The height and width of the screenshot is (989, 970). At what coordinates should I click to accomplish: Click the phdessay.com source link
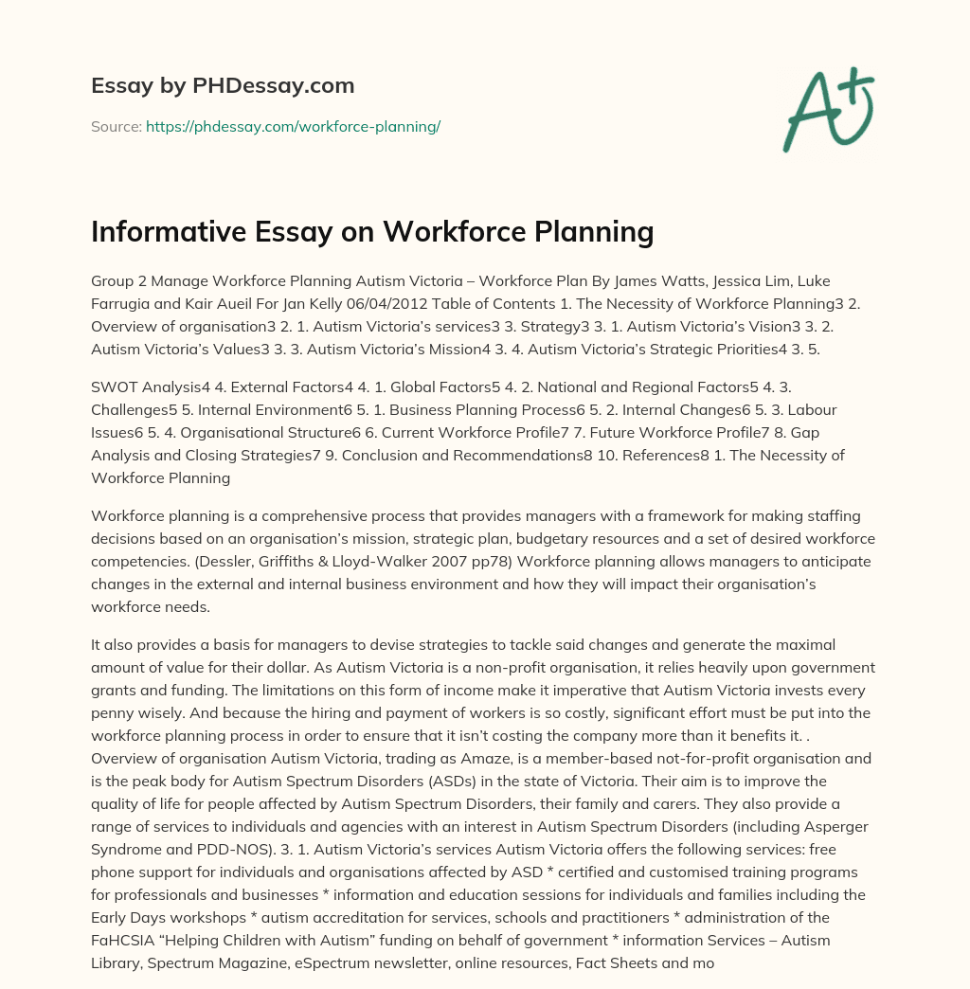pyautogui.click(x=293, y=126)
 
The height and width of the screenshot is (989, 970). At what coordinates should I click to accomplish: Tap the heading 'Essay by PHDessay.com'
pyautogui.click(x=223, y=86)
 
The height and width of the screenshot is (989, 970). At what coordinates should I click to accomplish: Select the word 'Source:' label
pyautogui.click(x=116, y=126)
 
